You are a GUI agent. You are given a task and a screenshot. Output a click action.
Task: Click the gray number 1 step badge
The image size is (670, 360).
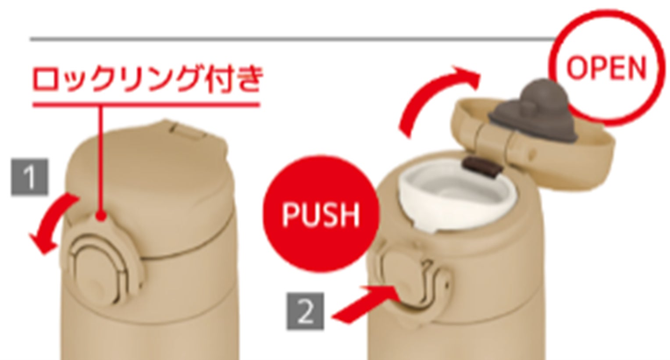(30, 177)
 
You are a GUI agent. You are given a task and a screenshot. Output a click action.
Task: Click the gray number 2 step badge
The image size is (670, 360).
(305, 311)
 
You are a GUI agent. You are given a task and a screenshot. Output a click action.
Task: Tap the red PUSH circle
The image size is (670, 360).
(321, 214)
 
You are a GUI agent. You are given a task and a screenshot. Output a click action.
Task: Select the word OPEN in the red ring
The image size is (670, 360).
(606, 72)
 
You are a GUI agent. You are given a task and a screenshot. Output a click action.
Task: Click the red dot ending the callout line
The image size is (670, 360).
(102, 216)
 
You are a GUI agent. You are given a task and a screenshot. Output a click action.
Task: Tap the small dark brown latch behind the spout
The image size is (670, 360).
(481, 167)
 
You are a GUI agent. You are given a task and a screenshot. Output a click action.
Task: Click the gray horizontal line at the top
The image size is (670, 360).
(292, 39)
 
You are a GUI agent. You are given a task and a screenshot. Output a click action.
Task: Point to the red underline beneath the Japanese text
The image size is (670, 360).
(146, 105)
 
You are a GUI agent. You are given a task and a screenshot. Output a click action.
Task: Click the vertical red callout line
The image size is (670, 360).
(101, 158)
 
